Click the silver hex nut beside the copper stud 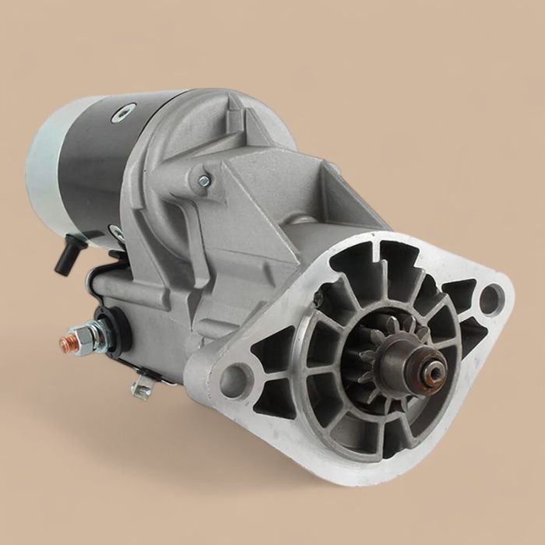(84, 337)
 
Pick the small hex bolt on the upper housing (204, 181)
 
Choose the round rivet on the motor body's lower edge (117, 232)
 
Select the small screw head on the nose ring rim (318, 301)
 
